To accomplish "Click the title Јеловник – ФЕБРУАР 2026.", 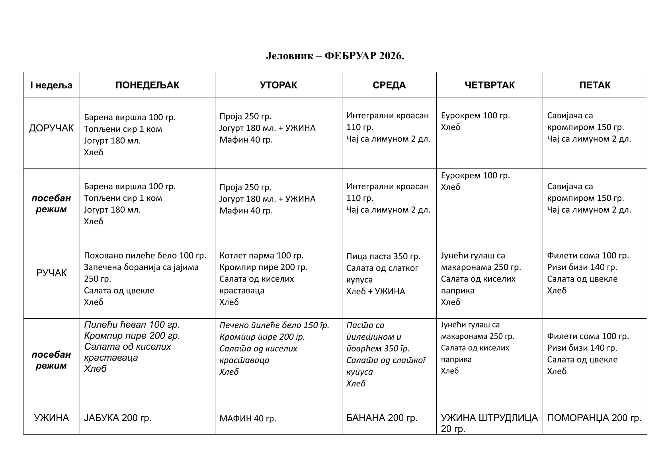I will [335, 56].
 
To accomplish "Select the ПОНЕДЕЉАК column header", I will [147, 85].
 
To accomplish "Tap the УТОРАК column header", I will [278, 85].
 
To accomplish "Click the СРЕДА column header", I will [389, 85].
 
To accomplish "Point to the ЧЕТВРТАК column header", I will [489, 85].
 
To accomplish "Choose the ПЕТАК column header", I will [595, 85].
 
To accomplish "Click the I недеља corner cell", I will [51, 85].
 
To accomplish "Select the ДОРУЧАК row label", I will [51, 128].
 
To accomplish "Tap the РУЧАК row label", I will [51, 273].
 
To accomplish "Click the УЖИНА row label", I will [51, 418].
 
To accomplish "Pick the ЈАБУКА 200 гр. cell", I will [118, 418].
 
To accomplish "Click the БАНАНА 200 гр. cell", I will [382, 418].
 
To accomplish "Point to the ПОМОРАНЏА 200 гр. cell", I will [594, 418].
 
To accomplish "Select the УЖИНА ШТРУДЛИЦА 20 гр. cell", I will [489, 423].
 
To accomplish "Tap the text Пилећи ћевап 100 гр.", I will [132, 325].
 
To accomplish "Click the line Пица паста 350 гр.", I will [383, 256].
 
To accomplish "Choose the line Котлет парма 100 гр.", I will [261, 255].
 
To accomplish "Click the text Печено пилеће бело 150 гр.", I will [274, 325].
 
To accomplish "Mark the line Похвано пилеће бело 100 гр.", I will [145, 255].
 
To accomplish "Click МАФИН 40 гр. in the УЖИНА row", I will [248, 419].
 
